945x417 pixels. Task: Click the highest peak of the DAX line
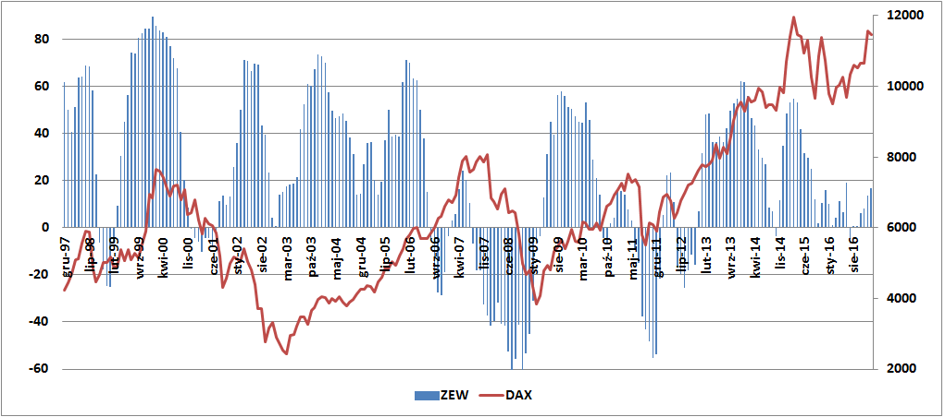point(793,17)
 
